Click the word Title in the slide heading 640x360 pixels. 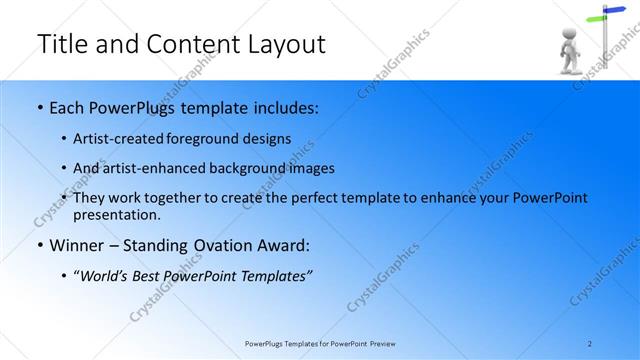tap(62, 44)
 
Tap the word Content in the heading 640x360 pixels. tap(186, 44)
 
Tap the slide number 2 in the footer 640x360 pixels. tap(590, 344)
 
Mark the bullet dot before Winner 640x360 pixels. tap(39, 246)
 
